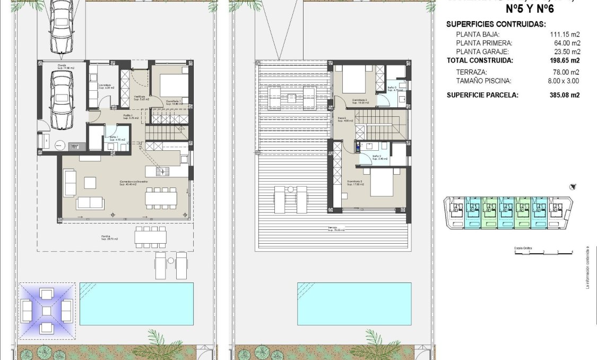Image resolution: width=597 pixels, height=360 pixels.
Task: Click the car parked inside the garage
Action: pyautogui.click(x=62, y=100)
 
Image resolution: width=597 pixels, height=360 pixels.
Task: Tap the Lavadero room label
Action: pyautogui.click(x=105, y=85)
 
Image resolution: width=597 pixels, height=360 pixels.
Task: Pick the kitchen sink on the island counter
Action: pyautogui.click(x=163, y=171)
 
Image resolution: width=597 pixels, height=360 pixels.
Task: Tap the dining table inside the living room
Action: pyautogui.click(x=161, y=198)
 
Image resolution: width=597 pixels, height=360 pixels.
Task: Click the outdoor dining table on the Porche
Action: pyautogui.click(x=150, y=237)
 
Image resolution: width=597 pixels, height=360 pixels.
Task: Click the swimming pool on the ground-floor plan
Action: pyautogui.click(x=136, y=304)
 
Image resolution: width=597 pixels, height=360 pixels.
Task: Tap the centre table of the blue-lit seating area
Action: pyautogui.click(x=46, y=311)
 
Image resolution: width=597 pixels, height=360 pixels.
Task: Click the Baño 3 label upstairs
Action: pyautogui.click(x=393, y=88)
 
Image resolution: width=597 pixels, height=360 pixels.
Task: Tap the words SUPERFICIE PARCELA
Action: pyautogui.click(x=482, y=95)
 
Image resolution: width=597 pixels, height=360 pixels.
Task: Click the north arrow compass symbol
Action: pyautogui.click(x=572, y=187)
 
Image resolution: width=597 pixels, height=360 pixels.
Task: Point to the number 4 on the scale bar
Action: pyautogui.click(x=572, y=251)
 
